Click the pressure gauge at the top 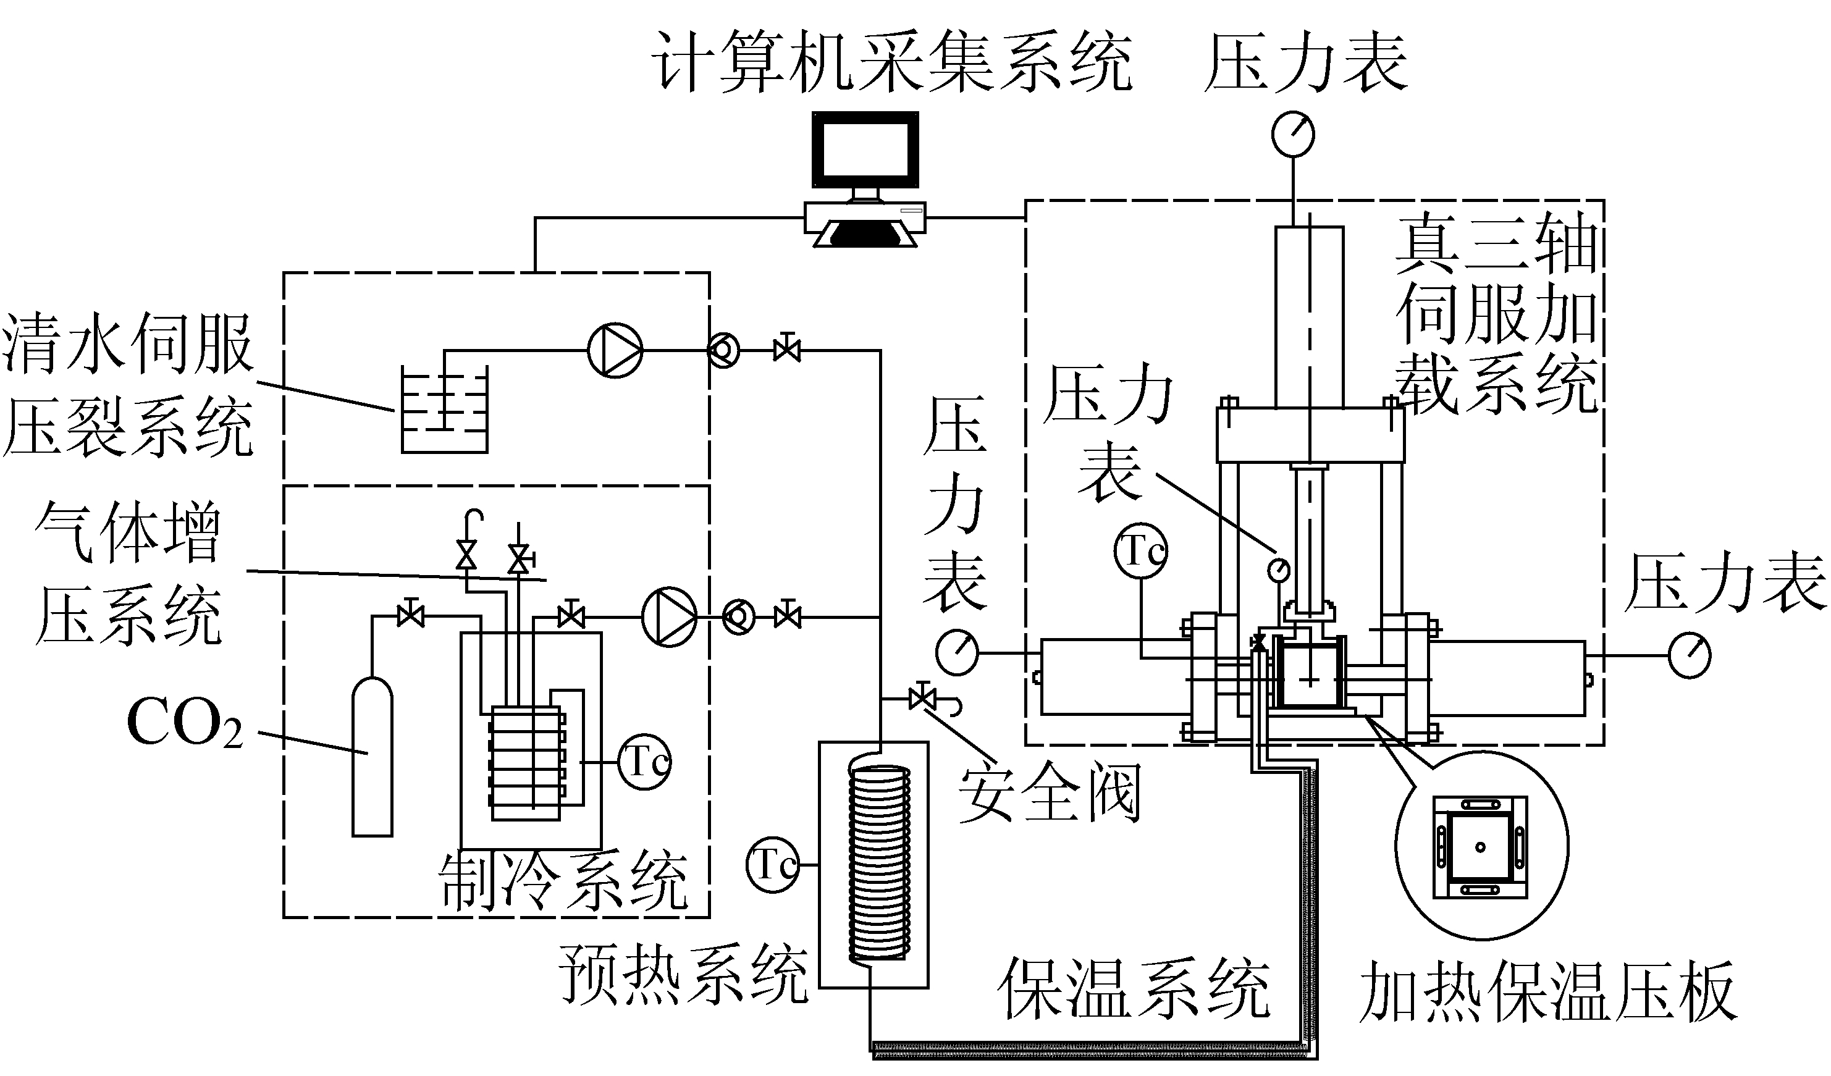(1294, 133)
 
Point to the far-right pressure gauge (1690, 655)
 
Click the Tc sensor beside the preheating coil (772, 865)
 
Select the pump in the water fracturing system (615, 350)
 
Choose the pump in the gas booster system (669, 618)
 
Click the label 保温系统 (1134, 988)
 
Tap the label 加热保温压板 (1547, 992)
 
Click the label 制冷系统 (563, 881)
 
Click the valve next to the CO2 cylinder (411, 617)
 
